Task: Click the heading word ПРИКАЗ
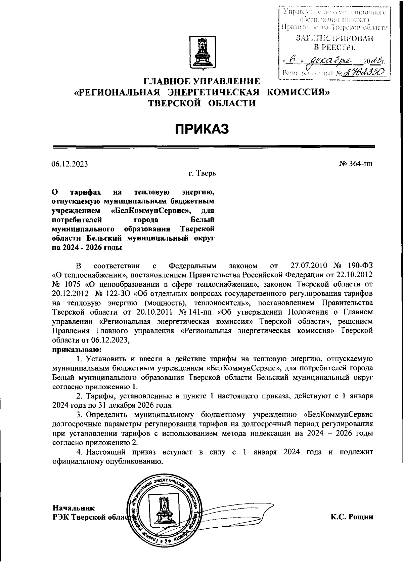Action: (x=201, y=128)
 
